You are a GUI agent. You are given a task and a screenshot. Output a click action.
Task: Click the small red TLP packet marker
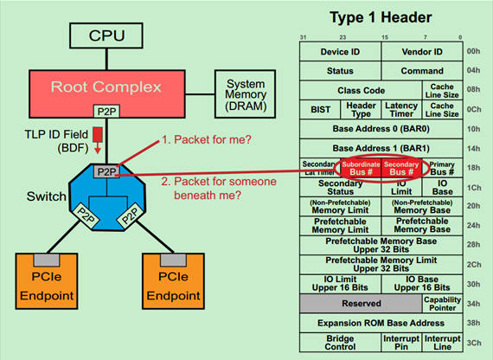pos(97,135)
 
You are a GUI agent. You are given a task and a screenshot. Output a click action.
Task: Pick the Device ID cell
pos(341,52)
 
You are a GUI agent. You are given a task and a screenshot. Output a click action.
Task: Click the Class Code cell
pos(361,90)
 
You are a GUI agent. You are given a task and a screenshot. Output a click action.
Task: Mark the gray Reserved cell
pos(361,304)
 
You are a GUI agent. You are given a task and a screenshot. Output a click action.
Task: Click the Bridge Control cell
pos(341,342)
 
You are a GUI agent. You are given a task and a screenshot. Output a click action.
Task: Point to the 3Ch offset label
pos(475,342)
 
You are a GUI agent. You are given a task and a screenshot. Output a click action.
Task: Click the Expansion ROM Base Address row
pos(381,323)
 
